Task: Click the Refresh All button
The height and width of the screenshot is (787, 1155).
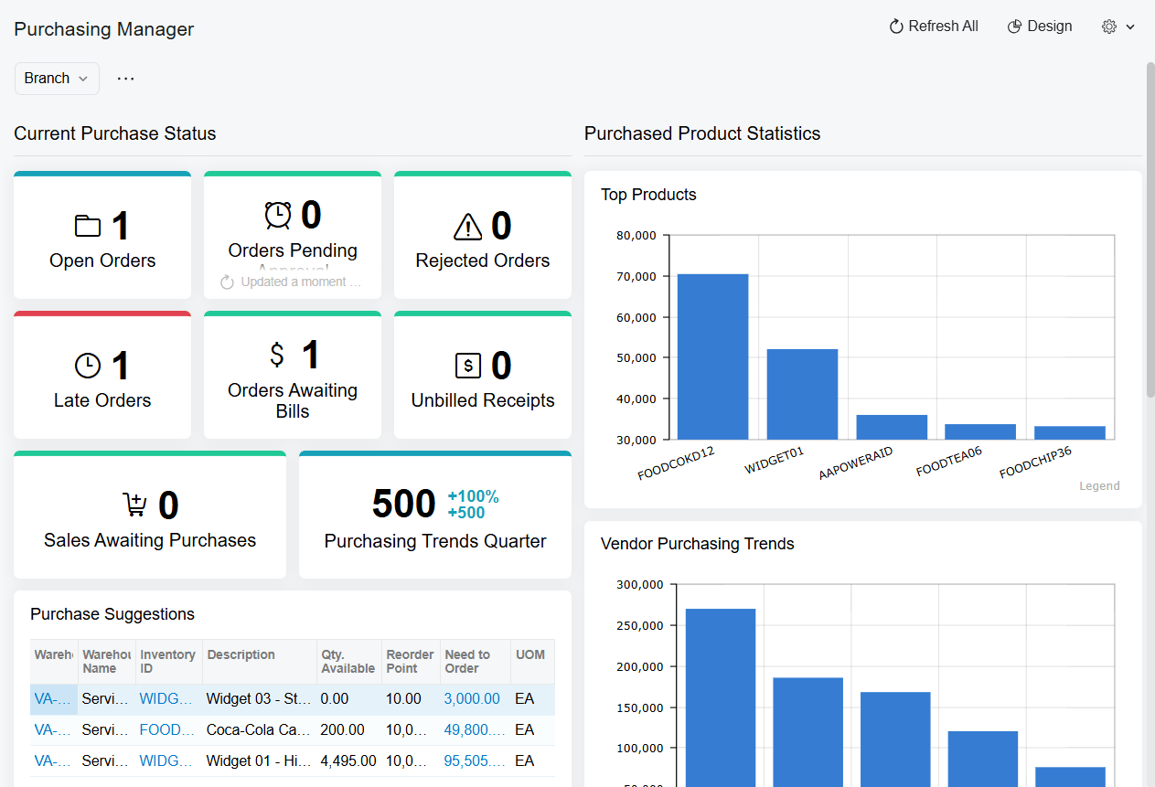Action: (x=934, y=27)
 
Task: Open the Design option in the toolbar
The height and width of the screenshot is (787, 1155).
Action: (x=1040, y=27)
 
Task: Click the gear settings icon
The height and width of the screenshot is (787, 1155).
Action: (x=1109, y=27)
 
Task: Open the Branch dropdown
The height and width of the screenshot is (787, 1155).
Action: (x=57, y=79)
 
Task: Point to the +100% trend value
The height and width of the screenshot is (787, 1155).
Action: (x=473, y=496)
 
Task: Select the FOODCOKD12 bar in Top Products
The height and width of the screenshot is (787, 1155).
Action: (x=712, y=356)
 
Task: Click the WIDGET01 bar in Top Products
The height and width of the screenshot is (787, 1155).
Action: (x=802, y=394)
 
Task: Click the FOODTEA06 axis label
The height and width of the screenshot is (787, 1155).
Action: (x=949, y=461)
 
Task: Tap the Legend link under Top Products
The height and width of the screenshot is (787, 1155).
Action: (x=1099, y=486)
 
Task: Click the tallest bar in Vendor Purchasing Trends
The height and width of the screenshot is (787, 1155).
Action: (x=721, y=695)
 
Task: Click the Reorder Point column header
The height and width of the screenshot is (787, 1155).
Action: (x=410, y=661)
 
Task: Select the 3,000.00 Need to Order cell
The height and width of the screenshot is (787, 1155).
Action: (x=472, y=699)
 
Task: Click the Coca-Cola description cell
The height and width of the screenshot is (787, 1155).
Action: (x=258, y=730)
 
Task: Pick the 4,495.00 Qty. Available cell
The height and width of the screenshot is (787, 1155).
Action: (x=348, y=760)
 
